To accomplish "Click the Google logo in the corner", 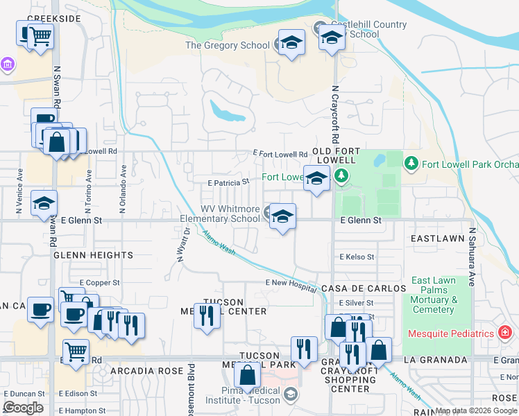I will [x=23, y=408].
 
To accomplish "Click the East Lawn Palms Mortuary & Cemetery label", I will [x=434, y=295].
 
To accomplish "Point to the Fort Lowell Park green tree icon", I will [x=411, y=164].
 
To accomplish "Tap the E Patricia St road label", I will [x=228, y=182].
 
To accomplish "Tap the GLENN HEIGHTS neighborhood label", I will [x=93, y=255].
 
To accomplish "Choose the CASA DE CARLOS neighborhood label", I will [x=363, y=288].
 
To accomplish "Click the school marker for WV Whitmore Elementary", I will [x=282, y=217].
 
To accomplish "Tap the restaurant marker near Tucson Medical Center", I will [x=207, y=317].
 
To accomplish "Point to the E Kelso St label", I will [x=357, y=257].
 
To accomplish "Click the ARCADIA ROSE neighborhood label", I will [x=135, y=371].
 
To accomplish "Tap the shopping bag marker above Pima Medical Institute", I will [x=247, y=376].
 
